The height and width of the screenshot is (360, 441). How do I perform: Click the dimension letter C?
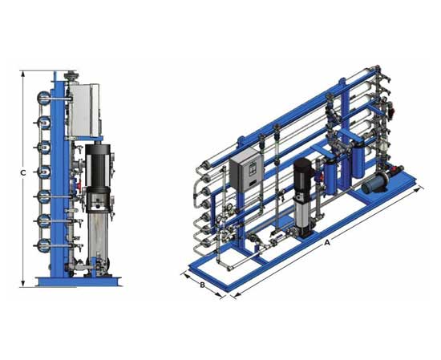(x=23, y=172)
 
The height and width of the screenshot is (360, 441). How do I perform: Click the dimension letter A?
(x=327, y=242)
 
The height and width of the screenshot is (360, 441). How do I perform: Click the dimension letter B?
(x=202, y=285)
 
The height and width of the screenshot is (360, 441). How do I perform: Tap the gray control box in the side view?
(x=83, y=110)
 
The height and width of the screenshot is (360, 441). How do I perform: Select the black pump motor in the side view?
(x=97, y=166)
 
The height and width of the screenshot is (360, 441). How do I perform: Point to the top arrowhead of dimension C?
(x=23, y=74)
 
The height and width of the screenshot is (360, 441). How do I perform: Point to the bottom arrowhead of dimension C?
(x=23, y=283)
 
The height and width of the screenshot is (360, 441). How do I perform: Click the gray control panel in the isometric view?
(x=246, y=170)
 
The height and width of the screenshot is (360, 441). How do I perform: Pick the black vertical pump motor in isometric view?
(x=301, y=177)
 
